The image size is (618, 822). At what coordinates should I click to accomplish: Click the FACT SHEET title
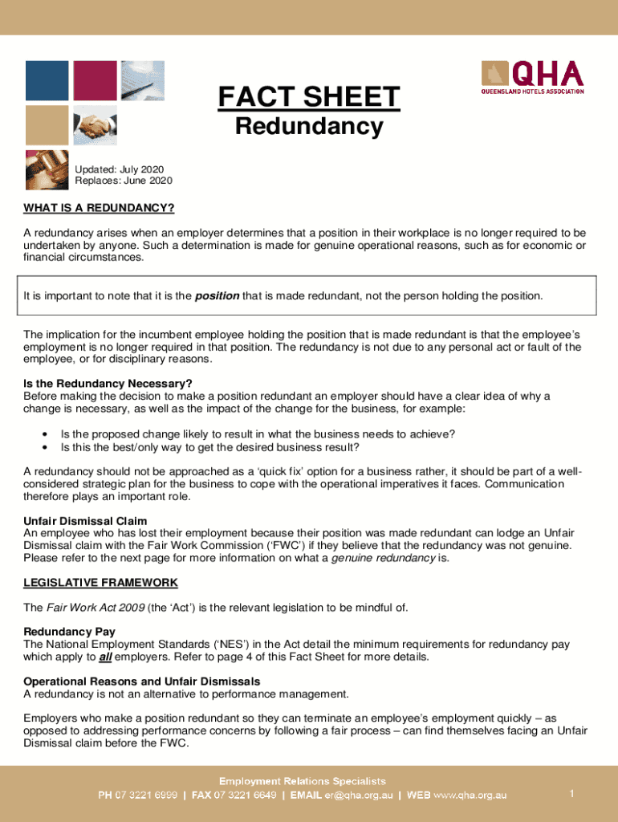coord(308,98)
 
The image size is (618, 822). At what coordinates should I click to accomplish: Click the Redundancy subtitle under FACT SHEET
coord(308,127)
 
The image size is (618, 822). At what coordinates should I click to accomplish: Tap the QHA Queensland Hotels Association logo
coord(532,78)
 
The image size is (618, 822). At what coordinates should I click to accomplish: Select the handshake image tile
coord(95,125)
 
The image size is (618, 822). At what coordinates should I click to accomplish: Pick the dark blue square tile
coord(47,80)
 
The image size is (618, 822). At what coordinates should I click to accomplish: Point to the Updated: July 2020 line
coord(119,169)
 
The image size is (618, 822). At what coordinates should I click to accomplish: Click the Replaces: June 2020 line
coord(123,181)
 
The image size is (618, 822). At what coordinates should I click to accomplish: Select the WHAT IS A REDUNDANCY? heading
coord(99,209)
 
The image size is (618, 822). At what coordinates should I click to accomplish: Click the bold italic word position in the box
coord(217,296)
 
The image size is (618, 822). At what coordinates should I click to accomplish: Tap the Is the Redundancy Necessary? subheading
coord(108,383)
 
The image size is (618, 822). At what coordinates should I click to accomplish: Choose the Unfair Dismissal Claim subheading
coord(85,521)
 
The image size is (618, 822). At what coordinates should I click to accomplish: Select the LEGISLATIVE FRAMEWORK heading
coord(100,582)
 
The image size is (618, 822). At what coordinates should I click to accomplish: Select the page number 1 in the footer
coord(571,794)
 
